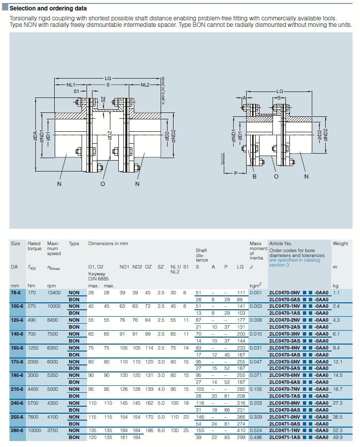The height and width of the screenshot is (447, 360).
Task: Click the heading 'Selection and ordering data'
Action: [48, 8]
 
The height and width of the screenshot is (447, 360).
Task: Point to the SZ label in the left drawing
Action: [103, 99]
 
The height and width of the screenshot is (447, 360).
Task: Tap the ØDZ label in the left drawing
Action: [109, 136]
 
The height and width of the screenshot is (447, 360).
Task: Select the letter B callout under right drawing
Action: [254, 177]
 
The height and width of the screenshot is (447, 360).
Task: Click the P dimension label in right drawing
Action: [236, 173]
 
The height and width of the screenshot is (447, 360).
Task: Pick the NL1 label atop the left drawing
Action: [71, 85]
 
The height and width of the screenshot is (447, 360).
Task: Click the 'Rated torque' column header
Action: [34, 246]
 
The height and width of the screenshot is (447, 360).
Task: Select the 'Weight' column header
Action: [340, 244]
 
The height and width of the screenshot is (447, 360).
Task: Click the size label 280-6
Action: [17, 430]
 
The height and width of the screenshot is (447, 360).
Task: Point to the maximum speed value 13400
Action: [54, 292]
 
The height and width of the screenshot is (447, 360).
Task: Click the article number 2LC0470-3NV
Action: [284, 334]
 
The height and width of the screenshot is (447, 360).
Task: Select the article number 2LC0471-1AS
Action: [284, 438]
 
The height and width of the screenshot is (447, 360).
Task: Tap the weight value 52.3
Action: [338, 430]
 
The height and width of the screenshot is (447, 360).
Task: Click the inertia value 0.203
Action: [256, 403]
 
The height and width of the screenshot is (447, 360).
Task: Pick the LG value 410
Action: [241, 430]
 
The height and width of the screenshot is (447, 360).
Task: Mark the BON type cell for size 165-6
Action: [74, 355]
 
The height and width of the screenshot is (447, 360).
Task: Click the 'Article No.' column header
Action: [280, 244]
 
